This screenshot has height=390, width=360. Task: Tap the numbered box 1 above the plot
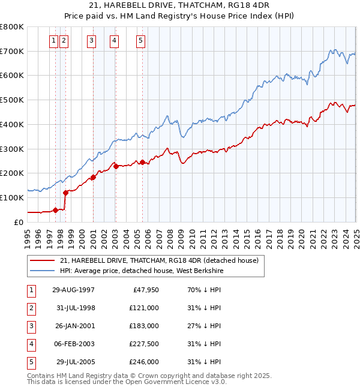(53, 41)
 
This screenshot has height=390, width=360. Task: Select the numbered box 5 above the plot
(140, 41)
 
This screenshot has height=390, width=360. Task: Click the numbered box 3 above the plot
(91, 41)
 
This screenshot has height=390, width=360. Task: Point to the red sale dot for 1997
(56, 210)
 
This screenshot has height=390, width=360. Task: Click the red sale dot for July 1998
(65, 193)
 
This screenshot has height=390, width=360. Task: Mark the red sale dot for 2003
(116, 166)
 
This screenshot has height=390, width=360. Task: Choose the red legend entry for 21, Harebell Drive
(158, 260)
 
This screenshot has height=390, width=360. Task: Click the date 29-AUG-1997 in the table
(73, 290)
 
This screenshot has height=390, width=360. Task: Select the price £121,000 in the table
(145, 308)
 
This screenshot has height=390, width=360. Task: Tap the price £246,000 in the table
(145, 362)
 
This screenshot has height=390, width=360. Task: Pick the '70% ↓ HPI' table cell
(203, 290)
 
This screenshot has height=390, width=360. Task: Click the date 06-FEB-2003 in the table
(73, 344)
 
